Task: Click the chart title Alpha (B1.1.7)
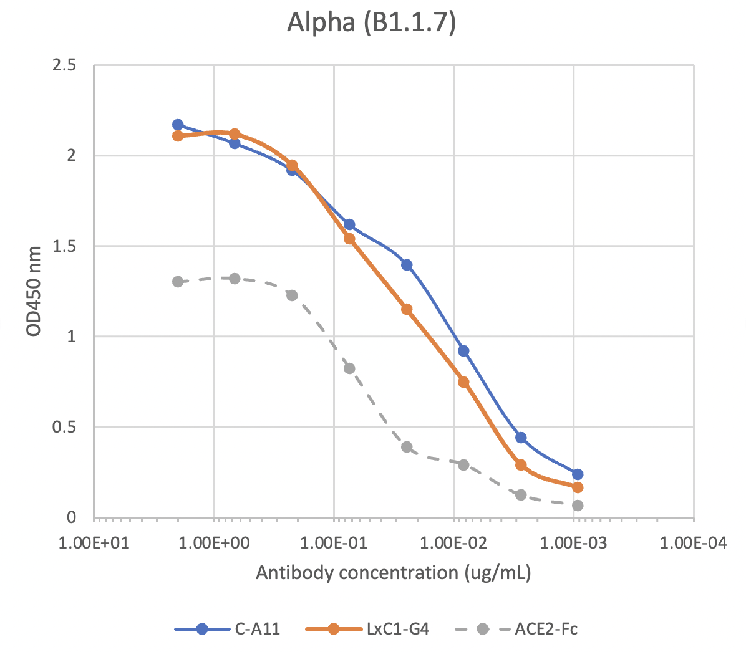pyautogui.click(x=372, y=23)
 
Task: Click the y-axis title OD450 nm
pyautogui.click(x=34, y=291)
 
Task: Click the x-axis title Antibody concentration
pyautogui.click(x=394, y=572)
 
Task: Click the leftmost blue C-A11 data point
pyautogui.click(x=178, y=125)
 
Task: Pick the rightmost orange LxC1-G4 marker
pyautogui.click(x=578, y=487)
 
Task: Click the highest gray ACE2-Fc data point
pyautogui.click(x=235, y=279)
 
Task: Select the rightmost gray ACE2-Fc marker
pyautogui.click(x=578, y=506)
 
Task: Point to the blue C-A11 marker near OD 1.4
pyautogui.click(x=407, y=265)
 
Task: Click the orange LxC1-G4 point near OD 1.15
pyautogui.click(x=407, y=309)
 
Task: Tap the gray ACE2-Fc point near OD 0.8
pyautogui.click(x=349, y=368)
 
